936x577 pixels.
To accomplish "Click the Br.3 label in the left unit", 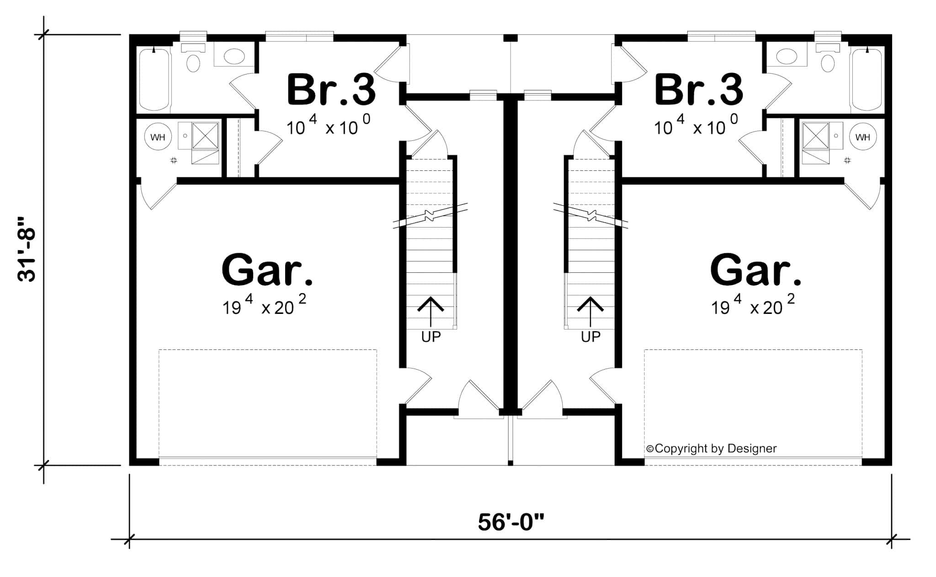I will (331, 90).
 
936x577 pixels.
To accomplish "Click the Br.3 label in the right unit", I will (698, 90).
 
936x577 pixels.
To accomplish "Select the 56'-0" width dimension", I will (511, 522).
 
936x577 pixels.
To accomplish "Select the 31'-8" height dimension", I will (27, 249).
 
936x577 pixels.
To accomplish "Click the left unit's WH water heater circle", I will (158, 137).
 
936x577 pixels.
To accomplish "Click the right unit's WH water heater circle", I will (862, 137).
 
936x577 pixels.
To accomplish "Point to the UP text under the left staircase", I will (431, 337).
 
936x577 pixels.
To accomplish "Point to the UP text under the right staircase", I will (590, 337).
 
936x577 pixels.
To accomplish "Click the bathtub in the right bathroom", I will (867, 80).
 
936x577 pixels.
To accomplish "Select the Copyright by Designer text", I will (712, 449).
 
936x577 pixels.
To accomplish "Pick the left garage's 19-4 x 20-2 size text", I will (264, 306).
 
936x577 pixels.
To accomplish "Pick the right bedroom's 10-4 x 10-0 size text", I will (696, 126).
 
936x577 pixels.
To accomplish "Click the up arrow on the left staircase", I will (431, 311).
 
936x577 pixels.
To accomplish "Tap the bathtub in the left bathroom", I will (154, 80).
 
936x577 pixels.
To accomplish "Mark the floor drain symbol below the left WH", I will (174, 160).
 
